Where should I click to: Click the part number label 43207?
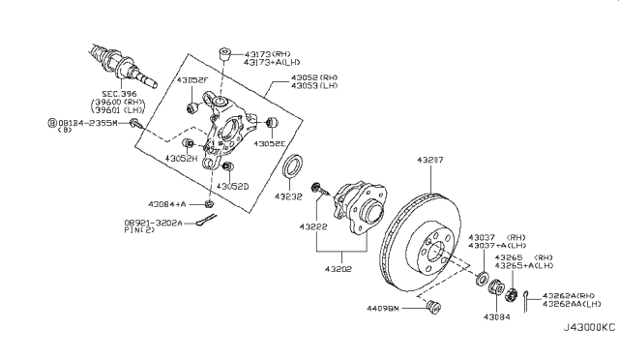point(433,158)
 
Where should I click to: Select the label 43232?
point(288,196)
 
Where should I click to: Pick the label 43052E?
point(272,143)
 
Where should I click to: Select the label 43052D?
point(233,185)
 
